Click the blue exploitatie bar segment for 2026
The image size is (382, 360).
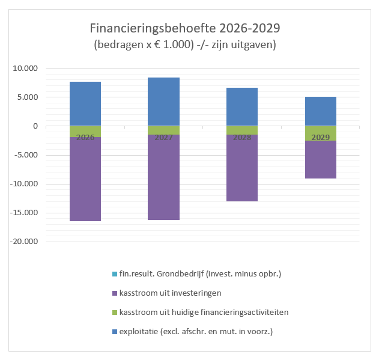[85, 103]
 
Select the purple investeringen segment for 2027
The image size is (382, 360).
[163, 177]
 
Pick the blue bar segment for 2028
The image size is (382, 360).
[242, 106]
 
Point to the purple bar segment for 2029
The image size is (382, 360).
[320, 159]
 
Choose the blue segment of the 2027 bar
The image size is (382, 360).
[163, 101]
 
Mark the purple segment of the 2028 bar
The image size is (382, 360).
[242, 168]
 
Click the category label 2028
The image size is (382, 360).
[242, 138]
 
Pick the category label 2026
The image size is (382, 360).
[85, 138]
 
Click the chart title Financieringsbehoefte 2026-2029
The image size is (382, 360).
[184, 28]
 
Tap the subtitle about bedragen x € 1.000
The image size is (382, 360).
[184, 45]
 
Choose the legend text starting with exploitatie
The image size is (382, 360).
[192, 332]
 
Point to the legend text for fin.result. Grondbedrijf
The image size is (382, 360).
[200, 274]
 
